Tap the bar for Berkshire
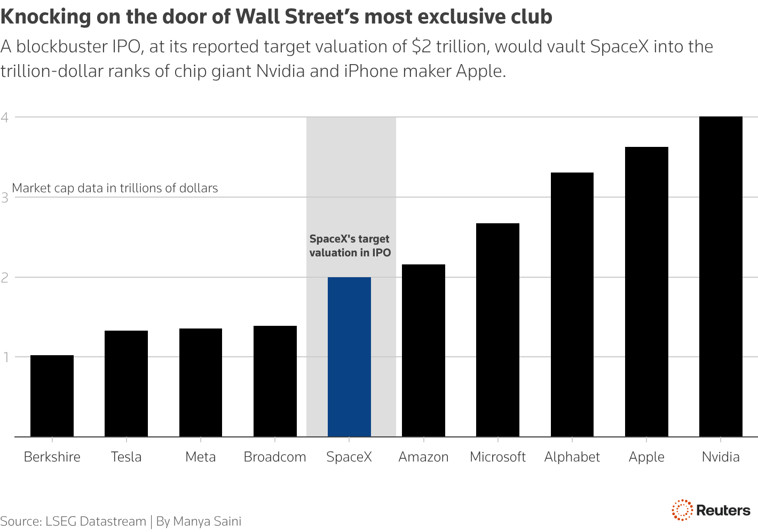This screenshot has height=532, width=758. coord(52,396)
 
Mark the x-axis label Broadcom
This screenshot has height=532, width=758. coord(275,457)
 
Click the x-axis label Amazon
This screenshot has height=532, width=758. coord(423,457)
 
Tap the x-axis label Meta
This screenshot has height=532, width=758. coord(201,457)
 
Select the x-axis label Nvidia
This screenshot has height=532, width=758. coord(721,457)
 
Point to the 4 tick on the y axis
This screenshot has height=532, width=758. coord(5,118)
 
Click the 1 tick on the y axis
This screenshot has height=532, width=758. coord(5,357)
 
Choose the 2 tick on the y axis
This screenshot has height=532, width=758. coord(5,278)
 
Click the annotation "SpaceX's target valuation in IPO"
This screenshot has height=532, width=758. coord(350,246)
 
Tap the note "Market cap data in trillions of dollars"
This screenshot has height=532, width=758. coord(115,188)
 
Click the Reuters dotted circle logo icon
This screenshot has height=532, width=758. coord(682,510)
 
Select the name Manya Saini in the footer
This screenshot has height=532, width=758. coord(207,521)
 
